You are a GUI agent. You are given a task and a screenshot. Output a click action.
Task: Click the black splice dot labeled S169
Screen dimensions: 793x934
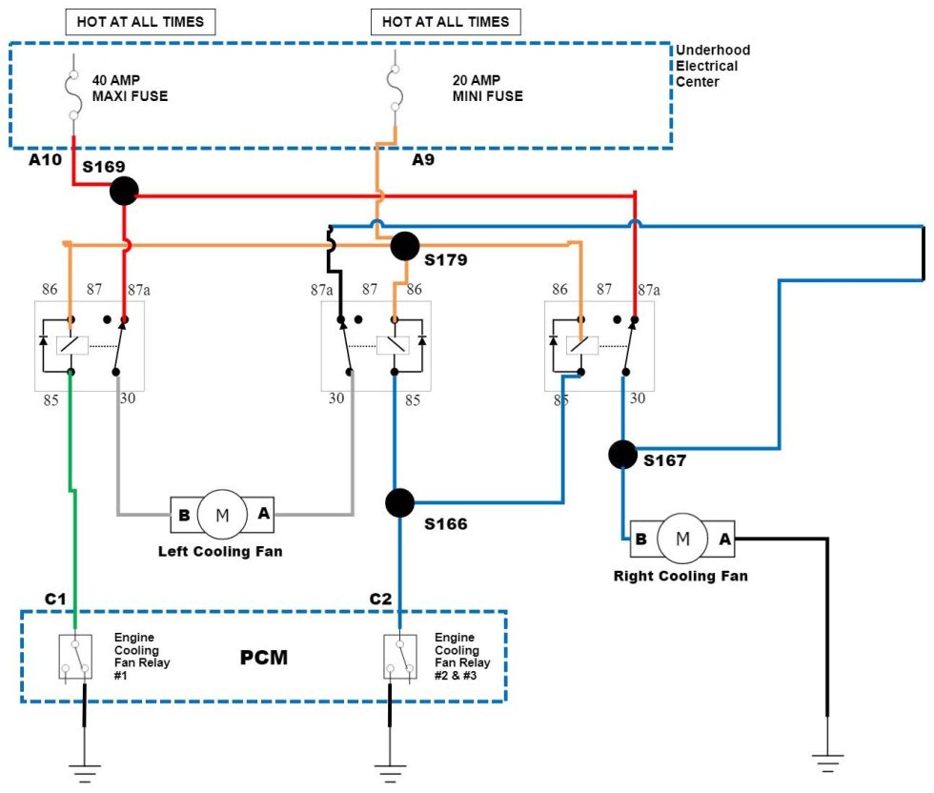(x=123, y=192)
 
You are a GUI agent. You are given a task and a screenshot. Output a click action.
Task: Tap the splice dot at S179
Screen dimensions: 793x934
(x=405, y=246)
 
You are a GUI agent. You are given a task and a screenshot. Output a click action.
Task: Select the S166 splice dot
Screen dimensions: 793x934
(x=399, y=501)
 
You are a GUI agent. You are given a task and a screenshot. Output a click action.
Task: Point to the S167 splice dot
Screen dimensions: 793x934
(x=622, y=455)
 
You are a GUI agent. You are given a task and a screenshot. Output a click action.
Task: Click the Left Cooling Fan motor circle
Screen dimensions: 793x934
(x=222, y=516)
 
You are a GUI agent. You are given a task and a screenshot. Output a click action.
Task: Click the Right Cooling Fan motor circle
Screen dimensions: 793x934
(x=682, y=538)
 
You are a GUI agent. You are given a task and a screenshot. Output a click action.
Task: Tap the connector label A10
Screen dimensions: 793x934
(x=45, y=159)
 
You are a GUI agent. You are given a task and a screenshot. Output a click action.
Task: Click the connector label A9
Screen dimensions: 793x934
(x=423, y=160)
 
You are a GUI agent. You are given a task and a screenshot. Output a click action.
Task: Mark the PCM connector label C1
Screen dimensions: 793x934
(x=56, y=599)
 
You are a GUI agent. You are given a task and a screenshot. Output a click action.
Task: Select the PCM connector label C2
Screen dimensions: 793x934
(x=380, y=599)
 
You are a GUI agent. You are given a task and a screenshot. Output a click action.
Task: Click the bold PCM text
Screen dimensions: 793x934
(x=263, y=658)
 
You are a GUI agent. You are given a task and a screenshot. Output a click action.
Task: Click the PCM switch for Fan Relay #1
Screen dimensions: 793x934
(x=76, y=658)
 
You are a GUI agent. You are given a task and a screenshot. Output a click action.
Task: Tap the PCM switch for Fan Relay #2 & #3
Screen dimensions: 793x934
(x=399, y=658)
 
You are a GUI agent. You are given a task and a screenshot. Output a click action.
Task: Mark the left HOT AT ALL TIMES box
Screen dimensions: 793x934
(x=140, y=21)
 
